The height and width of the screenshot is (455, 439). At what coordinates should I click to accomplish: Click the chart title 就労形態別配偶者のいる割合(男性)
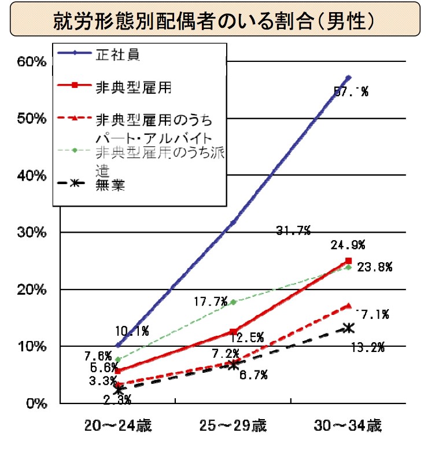219,21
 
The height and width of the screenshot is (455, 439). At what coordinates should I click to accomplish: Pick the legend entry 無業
110,185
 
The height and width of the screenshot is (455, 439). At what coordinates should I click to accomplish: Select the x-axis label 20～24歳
117,426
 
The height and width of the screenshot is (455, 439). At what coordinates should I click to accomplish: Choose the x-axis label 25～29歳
233,426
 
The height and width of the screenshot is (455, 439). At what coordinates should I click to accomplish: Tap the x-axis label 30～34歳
348,426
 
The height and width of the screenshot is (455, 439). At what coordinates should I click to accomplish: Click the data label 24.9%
348,245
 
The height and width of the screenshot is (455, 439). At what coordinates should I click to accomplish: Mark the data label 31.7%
293,232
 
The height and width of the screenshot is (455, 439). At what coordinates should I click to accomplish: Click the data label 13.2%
368,347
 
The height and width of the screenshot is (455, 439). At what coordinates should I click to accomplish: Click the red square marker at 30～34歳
348,261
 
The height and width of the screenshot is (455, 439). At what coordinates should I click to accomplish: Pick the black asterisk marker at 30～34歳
348,328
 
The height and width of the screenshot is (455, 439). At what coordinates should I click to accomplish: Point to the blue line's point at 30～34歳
348,78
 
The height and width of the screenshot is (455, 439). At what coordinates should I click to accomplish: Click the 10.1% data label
132,331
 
